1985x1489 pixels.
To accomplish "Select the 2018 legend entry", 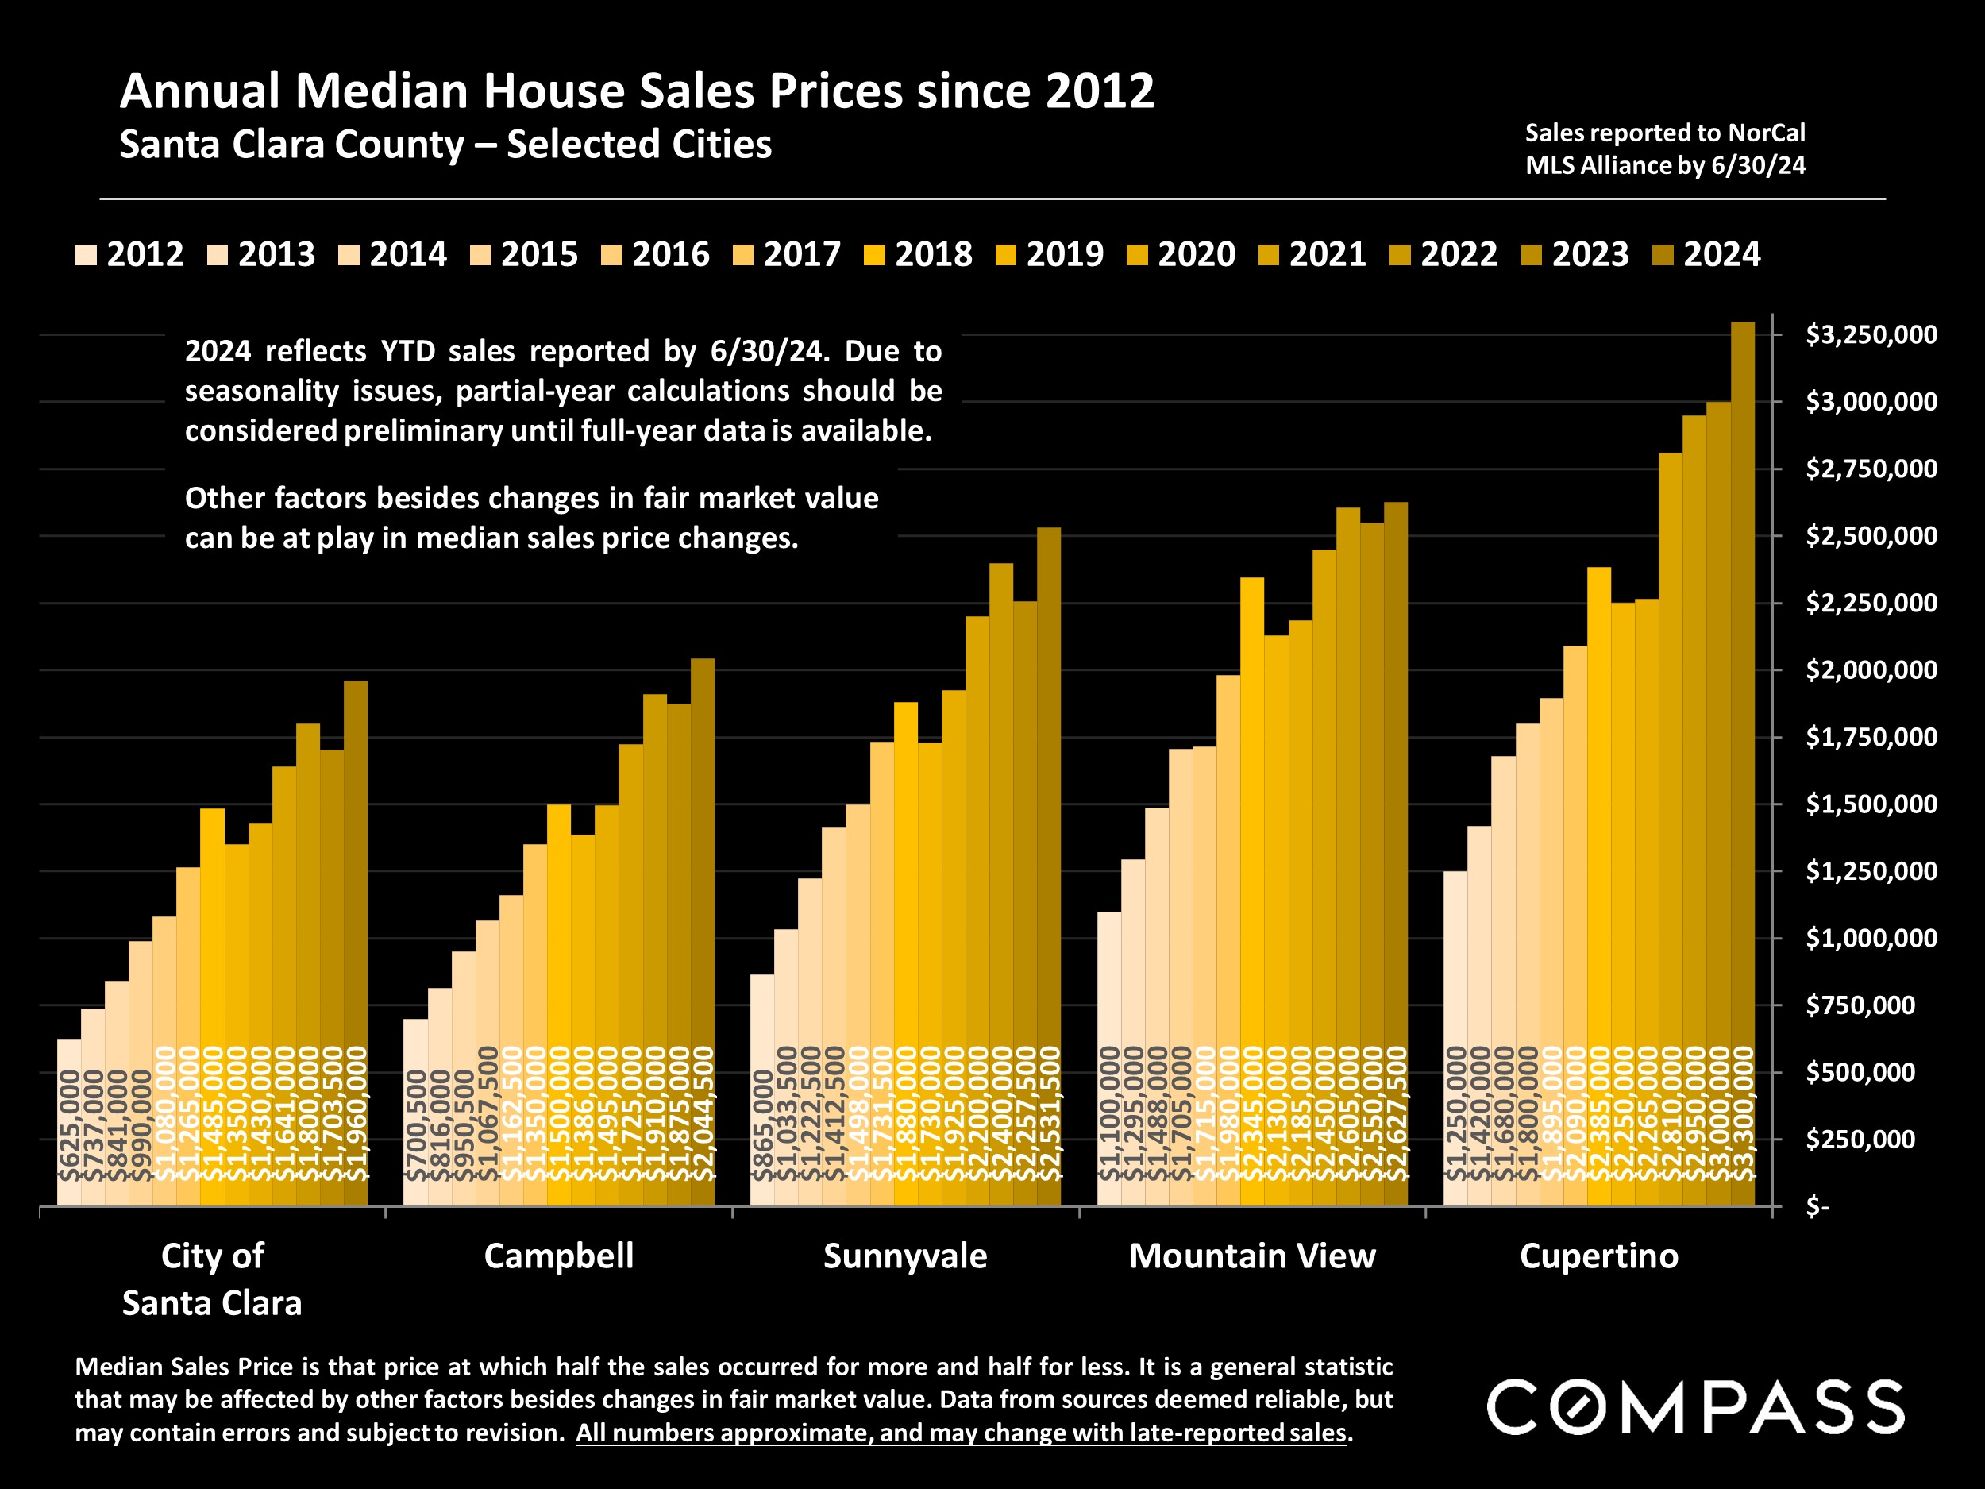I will pyautogui.click(x=919, y=255).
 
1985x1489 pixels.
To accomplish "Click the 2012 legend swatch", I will pyautogui.click(x=86, y=255).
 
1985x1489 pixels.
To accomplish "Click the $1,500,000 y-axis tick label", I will pyautogui.click(x=1870, y=804).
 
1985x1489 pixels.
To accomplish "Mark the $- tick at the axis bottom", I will pyautogui.click(x=1817, y=1207).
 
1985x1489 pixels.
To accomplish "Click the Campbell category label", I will pyautogui.click(x=558, y=1256).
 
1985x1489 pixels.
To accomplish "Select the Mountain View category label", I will pyautogui.click(x=1252, y=1256).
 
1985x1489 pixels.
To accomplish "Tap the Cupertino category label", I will pyautogui.click(x=1598, y=1256).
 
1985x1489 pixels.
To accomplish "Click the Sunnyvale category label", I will pyautogui.click(x=904, y=1256).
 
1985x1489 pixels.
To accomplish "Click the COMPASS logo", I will pyautogui.click(x=1695, y=1407).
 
